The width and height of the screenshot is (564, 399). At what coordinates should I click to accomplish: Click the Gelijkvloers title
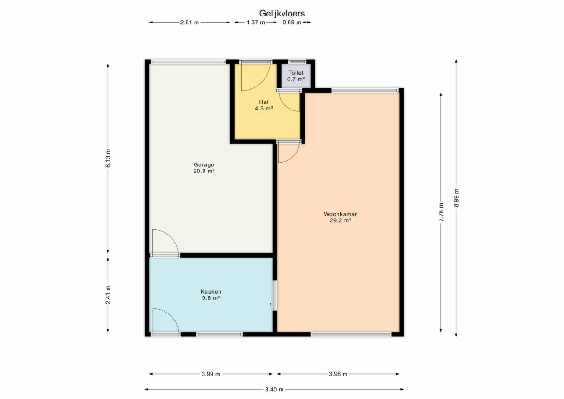(x=282, y=13)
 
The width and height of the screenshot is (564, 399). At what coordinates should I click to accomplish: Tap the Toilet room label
(x=296, y=73)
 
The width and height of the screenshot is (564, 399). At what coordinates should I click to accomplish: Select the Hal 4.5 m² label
(x=264, y=105)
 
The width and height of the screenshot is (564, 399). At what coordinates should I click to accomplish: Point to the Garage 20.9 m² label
(x=204, y=168)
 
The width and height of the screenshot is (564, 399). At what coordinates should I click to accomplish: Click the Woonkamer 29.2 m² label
(x=340, y=217)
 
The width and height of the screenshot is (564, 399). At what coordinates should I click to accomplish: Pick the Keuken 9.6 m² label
(x=211, y=295)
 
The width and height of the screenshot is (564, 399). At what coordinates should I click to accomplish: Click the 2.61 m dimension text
(x=189, y=23)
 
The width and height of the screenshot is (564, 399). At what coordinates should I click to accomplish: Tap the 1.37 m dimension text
(x=256, y=23)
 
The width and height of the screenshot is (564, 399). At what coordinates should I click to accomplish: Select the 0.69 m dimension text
(x=292, y=23)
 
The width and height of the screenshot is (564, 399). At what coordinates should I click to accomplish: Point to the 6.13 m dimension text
(x=108, y=158)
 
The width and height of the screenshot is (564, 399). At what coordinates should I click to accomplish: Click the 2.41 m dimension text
(x=108, y=295)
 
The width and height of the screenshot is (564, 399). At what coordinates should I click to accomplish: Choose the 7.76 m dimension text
(x=441, y=212)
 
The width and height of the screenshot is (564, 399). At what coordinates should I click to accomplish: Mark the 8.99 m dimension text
(x=456, y=197)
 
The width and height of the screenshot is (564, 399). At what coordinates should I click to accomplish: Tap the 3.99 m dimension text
(x=211, y=374)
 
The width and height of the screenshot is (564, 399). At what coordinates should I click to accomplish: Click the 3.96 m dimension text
(x=338, y=374)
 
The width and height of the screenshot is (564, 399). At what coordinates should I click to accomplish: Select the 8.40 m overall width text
(x=274, y=390)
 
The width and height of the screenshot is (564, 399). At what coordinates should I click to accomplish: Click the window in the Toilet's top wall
(x=297, y=62)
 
